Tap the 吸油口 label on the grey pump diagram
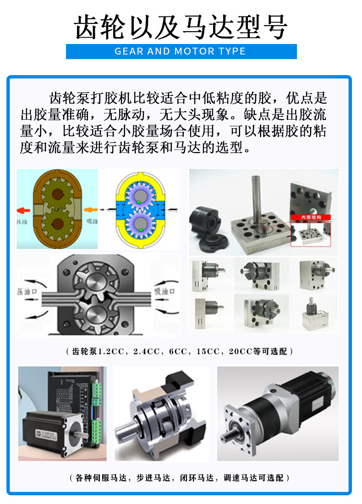tap(164, 290)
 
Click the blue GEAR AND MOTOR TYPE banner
tap(181, 51)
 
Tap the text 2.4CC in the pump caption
tap(146, 352)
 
